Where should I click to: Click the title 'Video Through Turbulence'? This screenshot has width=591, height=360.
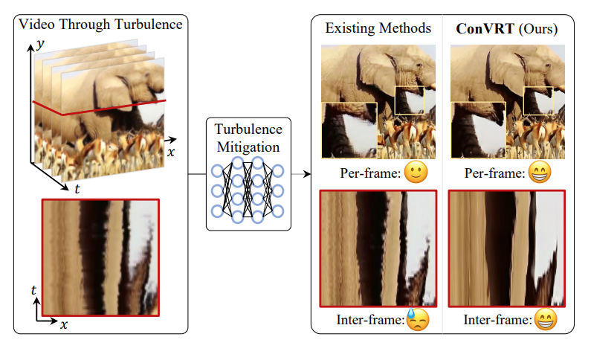pyautogui.click(x=100, y=25)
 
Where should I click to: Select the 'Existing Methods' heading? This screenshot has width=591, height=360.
pyautogui.click(x=378, y=29)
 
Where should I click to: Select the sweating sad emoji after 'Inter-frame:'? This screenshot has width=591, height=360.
pyautogui.click(x=419, y=321)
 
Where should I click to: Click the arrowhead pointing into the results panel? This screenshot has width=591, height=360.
pyautogui.click(x=306, y=176)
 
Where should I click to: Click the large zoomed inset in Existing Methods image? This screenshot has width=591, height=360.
pyautogui.click(x=349, y=130)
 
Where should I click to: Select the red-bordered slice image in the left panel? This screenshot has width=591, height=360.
pyautogui.click(x=100, y=256)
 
